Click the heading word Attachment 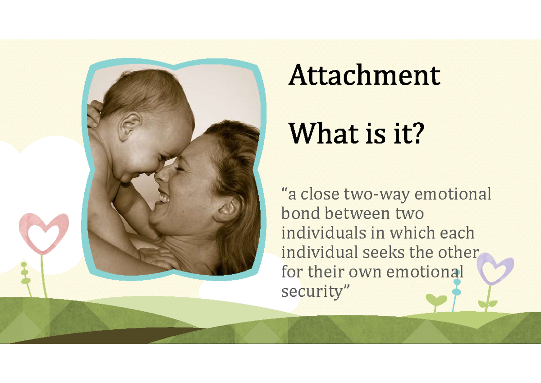pyautogui.click(x=364, y=76)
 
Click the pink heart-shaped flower pyautogui.click(x=44, y=231)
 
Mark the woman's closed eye pyautogui.click(x=178, y=168)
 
